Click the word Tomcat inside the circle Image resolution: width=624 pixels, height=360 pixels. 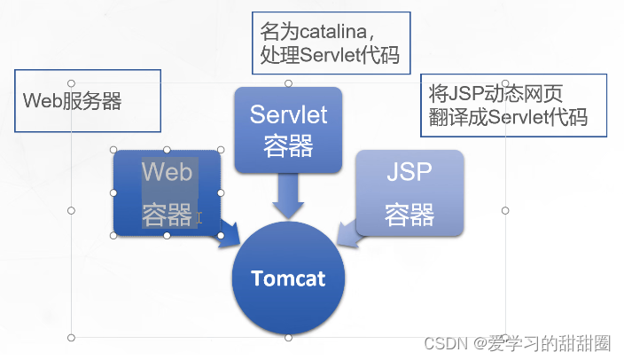click(x=288, y=278)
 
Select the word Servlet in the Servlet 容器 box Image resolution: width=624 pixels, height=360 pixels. click(x=288, y=114)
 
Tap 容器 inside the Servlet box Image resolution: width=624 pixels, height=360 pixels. click(x=288, y=145)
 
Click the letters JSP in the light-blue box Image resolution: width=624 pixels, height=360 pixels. click(x=409, y=173)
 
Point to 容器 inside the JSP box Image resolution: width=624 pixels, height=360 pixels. click(x=409, y=213)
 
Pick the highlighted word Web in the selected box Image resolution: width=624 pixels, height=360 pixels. click(x=168, y=171)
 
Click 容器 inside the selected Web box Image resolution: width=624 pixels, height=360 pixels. click(x=168, y=214)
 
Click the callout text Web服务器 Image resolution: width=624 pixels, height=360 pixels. click(x=72, y=100)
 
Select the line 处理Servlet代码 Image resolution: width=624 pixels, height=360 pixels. click(x=330, y=56)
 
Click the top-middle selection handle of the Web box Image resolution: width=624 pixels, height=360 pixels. click(x=168, y=150)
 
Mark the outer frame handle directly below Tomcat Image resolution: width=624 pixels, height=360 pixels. click(x=288, y=338)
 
